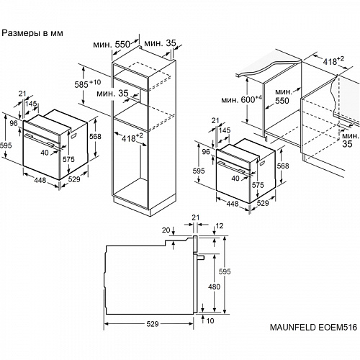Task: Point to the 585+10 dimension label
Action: tap(88, 85)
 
